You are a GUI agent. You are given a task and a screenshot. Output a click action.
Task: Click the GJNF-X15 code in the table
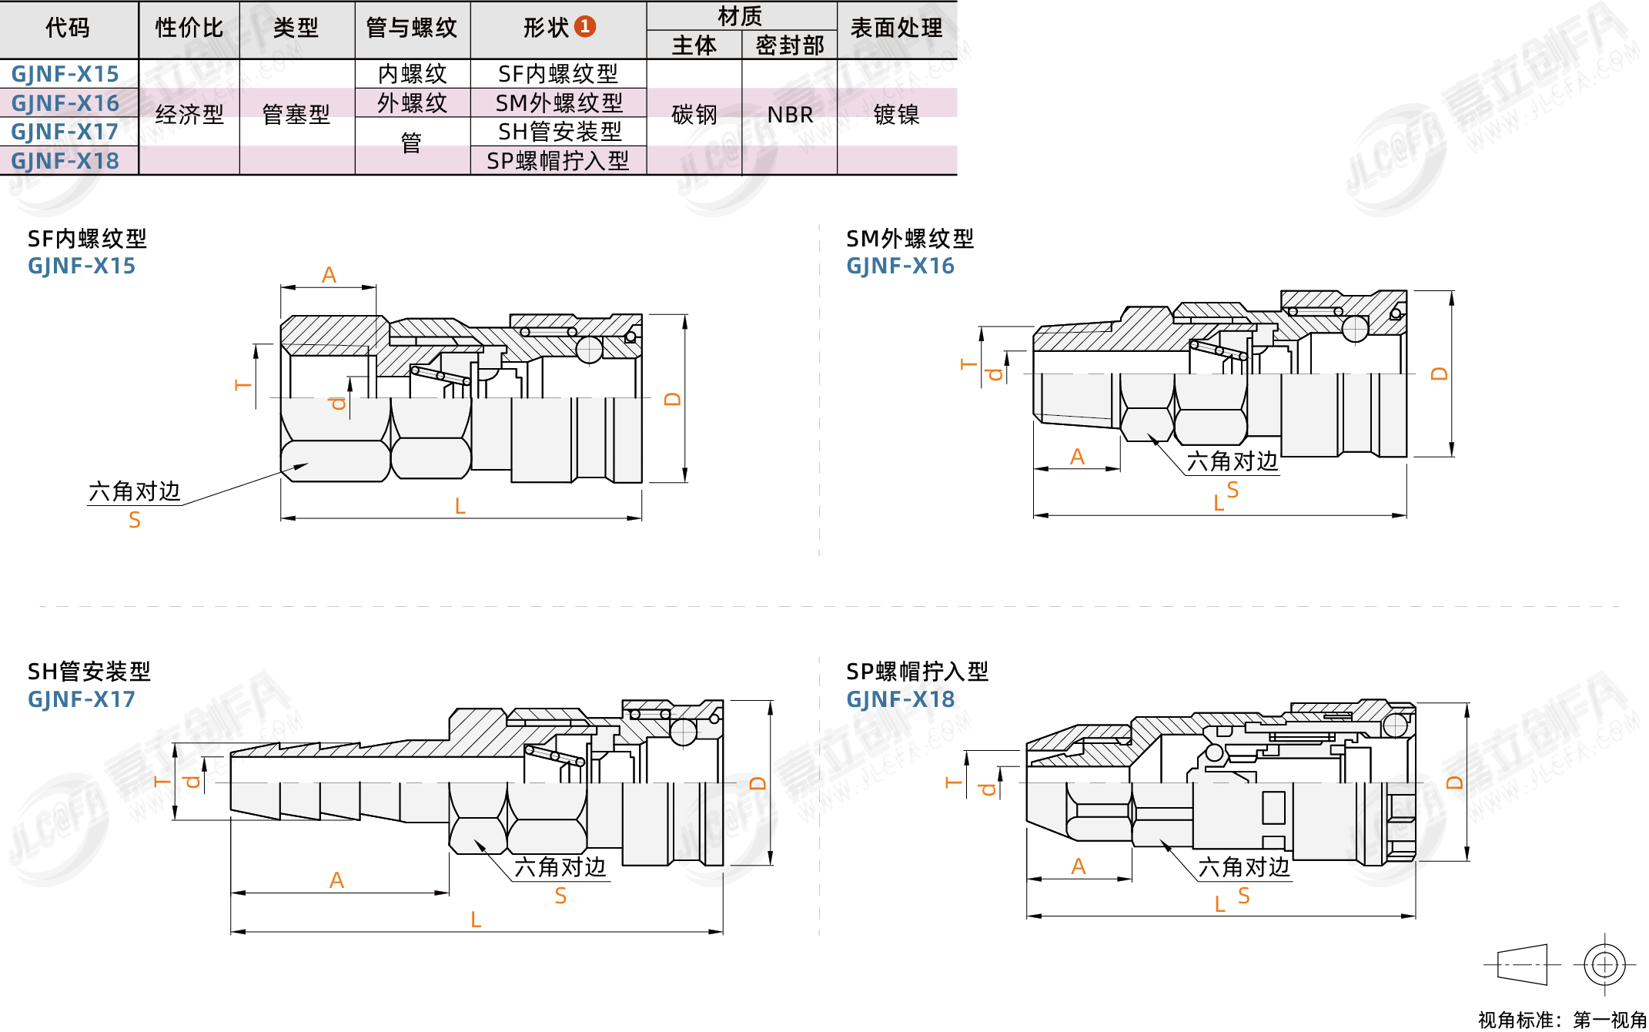[65, 74]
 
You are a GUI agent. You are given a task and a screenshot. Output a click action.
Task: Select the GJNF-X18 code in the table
[65, 161]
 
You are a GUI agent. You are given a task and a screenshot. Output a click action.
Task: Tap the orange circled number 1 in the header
[585, 27]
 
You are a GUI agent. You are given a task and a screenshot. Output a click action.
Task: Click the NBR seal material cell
[790, 116]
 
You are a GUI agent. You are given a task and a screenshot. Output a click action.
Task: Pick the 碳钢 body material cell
[694, 116]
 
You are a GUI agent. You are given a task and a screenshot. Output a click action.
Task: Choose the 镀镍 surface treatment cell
[896, 116]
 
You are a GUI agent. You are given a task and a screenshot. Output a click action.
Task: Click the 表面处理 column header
[896, 28]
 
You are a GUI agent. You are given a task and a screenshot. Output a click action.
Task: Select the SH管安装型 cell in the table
[559, 132]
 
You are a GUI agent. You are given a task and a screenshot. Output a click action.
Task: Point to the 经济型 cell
[189, 116]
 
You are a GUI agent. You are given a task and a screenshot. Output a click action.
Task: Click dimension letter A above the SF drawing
[329, 275]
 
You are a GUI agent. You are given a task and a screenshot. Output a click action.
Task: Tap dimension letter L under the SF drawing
[460, 506]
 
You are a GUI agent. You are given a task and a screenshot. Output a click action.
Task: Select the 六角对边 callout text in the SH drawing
[560, 867]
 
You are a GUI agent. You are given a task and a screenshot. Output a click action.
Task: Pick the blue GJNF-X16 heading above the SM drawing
[900, 266]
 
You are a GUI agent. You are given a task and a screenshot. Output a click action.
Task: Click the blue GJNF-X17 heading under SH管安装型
[81, 700]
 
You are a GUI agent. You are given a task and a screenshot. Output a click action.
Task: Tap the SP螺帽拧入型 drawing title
[917, 672]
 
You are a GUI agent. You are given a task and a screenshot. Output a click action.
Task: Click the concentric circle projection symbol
[1604, 964]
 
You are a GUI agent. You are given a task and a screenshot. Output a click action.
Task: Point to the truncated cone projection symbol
[1522, 964]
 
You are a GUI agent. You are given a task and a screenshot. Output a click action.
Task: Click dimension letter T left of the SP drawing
[953, 782]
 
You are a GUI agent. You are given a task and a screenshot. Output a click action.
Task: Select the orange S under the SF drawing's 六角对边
[135, 521]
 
